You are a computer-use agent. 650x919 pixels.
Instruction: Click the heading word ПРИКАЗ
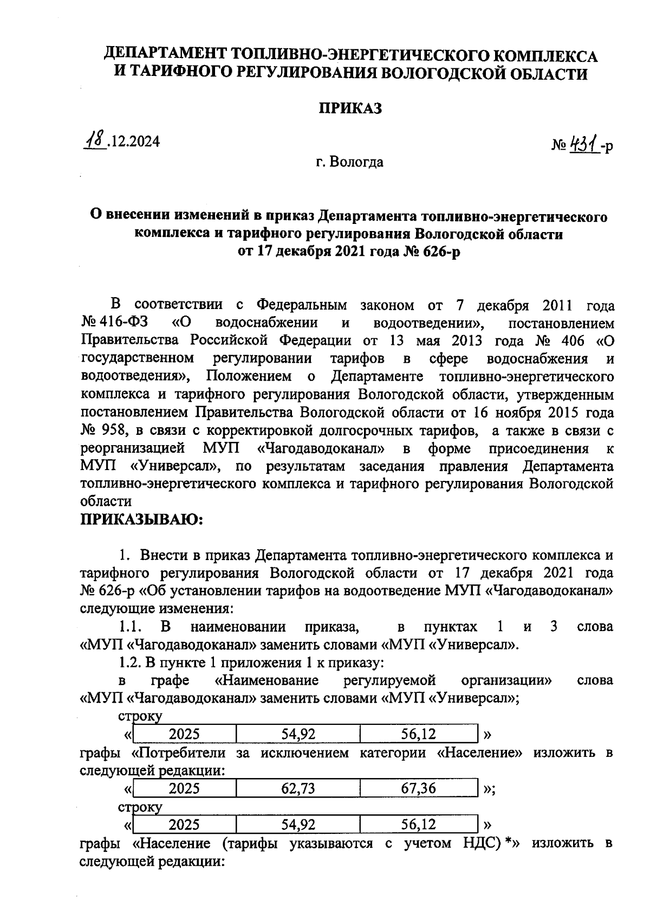click(x=349, y=108)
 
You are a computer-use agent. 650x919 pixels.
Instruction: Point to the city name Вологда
click(x=358, y=162)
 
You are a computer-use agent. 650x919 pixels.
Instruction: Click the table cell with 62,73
click(x=298, y=788)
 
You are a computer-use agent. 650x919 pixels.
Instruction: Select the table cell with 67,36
click(x=418, y=788)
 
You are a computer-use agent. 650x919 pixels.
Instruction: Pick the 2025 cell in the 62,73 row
click(x=184, y=788)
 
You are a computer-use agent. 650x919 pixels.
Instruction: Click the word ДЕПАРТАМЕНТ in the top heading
click(x=165, y=56)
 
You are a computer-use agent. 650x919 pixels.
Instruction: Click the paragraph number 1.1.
click(x=130, y=627)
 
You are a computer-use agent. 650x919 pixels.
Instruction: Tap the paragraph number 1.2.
click(x=130, y=663)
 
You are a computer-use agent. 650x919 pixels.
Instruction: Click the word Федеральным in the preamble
click(x=301, y=305)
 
